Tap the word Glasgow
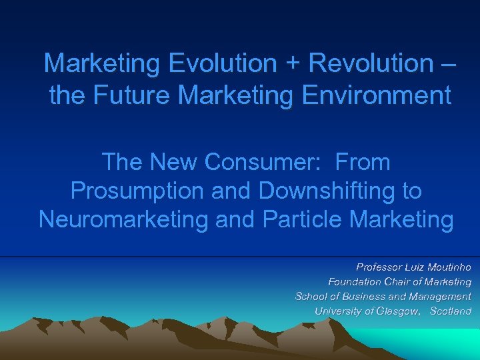(x=397, y=311)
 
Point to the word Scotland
(x=451, y=311)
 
